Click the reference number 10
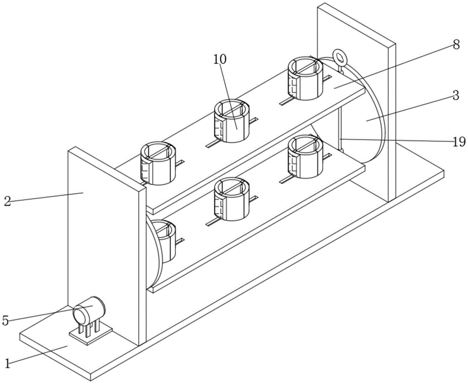point(220,59)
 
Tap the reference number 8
point(456,45)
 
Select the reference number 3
point(455,96)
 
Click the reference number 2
point(7,201)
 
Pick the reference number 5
point(6,320)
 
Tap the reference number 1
point(7,363)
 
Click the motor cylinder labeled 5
point(90,310)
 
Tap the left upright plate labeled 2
point(103,243)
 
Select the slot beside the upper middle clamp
point(253,122)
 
